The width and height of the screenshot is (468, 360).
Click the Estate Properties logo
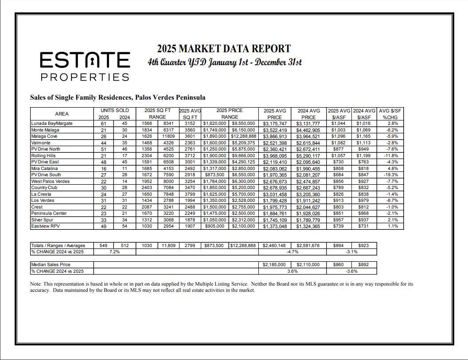[85, 66]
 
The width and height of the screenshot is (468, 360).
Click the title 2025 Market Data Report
[224, 49]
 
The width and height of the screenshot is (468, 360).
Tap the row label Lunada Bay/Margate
[52, 124]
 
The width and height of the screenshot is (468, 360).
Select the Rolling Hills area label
[43, 156]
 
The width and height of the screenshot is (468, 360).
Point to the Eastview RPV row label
[44, 226]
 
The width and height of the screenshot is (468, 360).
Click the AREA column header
[62, 114]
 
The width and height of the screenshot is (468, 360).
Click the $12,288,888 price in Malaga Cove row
[243, 136]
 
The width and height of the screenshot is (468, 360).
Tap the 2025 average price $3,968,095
[274, 156]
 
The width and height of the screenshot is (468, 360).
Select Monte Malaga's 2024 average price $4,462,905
[308, 130]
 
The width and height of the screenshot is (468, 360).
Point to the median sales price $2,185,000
[274, 264]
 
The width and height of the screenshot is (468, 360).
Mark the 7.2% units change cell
[114, 252]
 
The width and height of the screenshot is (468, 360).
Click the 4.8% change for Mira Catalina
[392, 169]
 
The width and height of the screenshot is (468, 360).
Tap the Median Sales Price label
[51, 264]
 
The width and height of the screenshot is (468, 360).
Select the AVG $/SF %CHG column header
[390, 114]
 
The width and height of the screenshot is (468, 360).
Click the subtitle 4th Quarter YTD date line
[225, 62]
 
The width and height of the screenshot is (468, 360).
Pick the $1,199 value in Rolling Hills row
[364, 156]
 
